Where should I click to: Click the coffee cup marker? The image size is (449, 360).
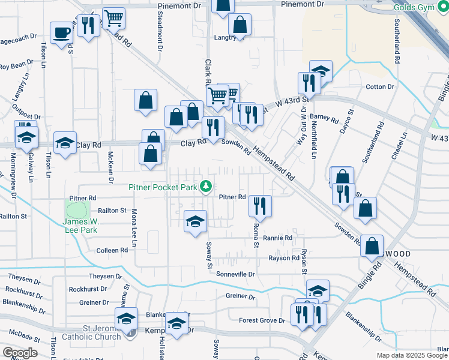(61, 32)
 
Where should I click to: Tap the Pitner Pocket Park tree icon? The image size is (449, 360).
(206, 187)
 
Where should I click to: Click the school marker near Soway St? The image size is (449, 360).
(196, 221)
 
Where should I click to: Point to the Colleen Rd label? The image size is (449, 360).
(108, 250)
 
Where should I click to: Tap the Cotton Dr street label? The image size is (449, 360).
(380, 87)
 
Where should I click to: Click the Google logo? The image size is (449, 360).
(20, 353)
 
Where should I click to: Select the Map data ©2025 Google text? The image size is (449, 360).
(412, 355)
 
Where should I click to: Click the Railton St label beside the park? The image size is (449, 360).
(112, 211)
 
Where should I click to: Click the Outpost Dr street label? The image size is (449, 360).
(25, 116)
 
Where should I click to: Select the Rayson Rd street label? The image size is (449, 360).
(283, 259)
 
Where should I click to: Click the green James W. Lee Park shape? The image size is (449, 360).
(77, 210)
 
